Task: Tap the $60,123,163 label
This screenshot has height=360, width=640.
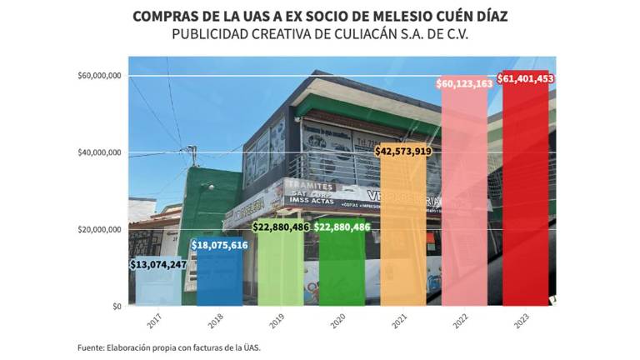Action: coord(464,83)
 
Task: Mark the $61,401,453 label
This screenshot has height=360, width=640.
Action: coord(526,78)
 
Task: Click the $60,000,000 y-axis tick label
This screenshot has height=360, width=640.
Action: coord(100,76)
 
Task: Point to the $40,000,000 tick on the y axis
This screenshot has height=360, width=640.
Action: coord(100,152)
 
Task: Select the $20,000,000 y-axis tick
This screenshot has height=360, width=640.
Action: coord(100,229)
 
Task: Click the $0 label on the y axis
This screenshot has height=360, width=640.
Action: coord(117,307)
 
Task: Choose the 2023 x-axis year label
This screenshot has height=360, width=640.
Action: coord(520,321)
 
